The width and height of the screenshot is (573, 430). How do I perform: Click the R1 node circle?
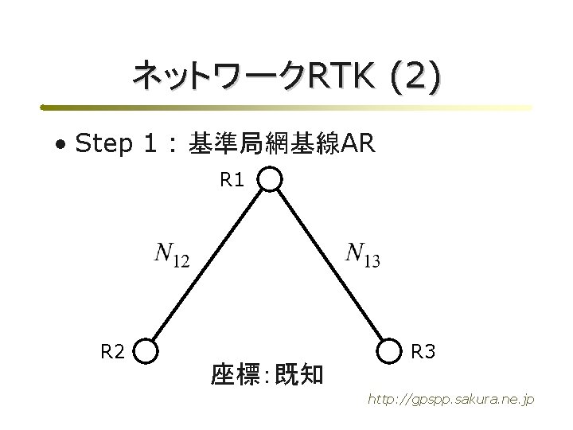pos(271,180)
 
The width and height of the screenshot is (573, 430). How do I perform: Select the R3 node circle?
pos(392,350)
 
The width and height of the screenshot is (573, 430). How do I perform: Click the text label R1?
pos(232,181)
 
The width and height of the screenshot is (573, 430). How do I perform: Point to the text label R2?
pos(111,350)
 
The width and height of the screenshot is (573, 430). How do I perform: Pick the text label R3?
pos(423,350)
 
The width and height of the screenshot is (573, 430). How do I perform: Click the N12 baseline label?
pos(171,255)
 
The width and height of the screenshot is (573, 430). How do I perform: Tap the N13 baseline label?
pos(363,255)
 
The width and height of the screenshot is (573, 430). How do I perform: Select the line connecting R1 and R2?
pos(209,265)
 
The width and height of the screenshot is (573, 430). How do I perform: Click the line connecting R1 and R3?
pos(331,265)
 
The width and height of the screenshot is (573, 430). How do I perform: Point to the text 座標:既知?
pos(267,373)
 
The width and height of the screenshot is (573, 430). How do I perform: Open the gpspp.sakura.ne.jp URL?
pos(450,398)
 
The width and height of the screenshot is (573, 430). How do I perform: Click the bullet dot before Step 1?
pos(60,146)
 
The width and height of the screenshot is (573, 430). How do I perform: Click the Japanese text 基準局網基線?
pos(263,144)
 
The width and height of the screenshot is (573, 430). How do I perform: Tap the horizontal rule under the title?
pos(286,107)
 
